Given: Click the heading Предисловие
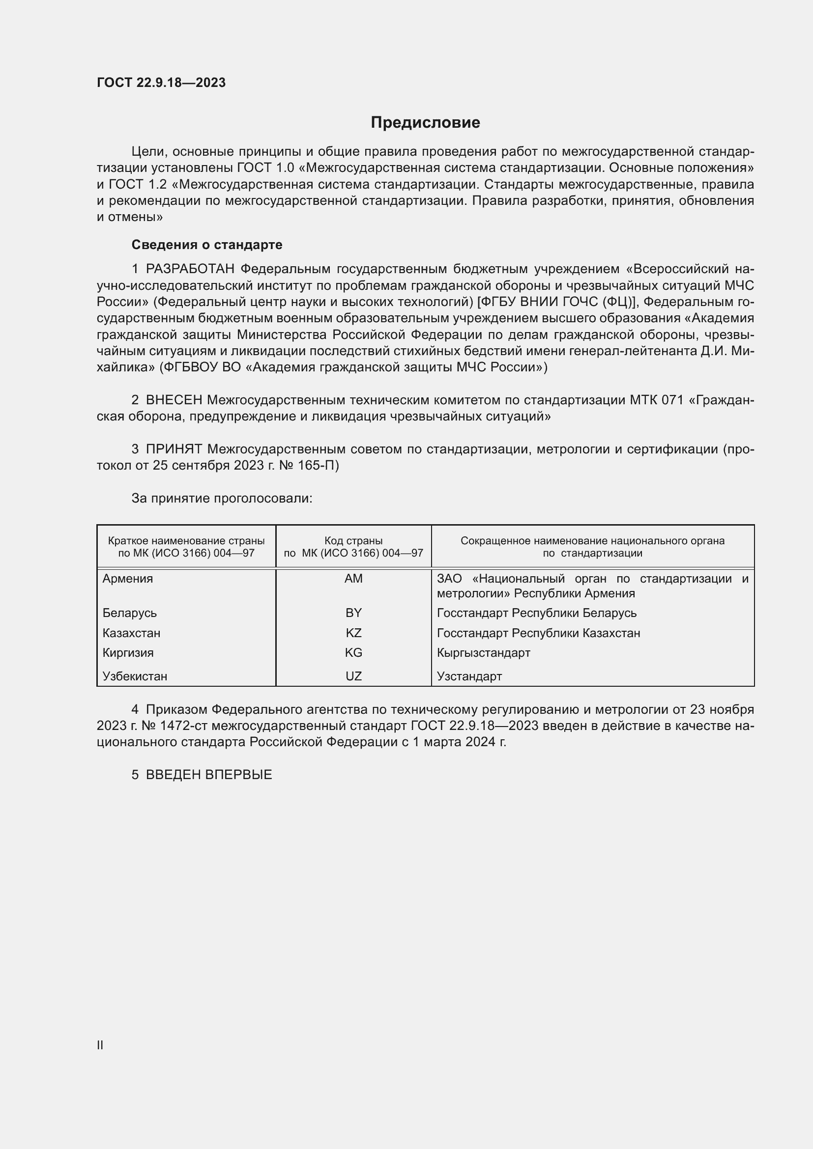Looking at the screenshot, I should tap(425, 123).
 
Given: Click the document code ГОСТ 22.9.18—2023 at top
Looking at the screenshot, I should tap(161, 83).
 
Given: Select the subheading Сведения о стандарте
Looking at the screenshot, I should tap(207, 245).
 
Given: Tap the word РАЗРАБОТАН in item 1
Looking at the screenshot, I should tap(190, 269).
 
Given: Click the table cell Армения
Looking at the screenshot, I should tap(128, 579).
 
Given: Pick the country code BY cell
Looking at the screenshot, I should tap(353, 613).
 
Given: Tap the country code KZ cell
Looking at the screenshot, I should tap(353, 633).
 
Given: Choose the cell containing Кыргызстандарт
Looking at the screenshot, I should tap(483, 652).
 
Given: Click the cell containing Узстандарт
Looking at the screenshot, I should tap(469, 676).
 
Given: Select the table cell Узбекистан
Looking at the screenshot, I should tap(135, 676).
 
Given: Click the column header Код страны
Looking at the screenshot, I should tap(353, 541).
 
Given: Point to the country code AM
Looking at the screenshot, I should tap(353, 579).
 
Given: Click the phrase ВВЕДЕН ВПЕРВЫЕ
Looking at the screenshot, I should tap(209, 775).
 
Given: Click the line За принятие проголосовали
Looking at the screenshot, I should tap(222, 499).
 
